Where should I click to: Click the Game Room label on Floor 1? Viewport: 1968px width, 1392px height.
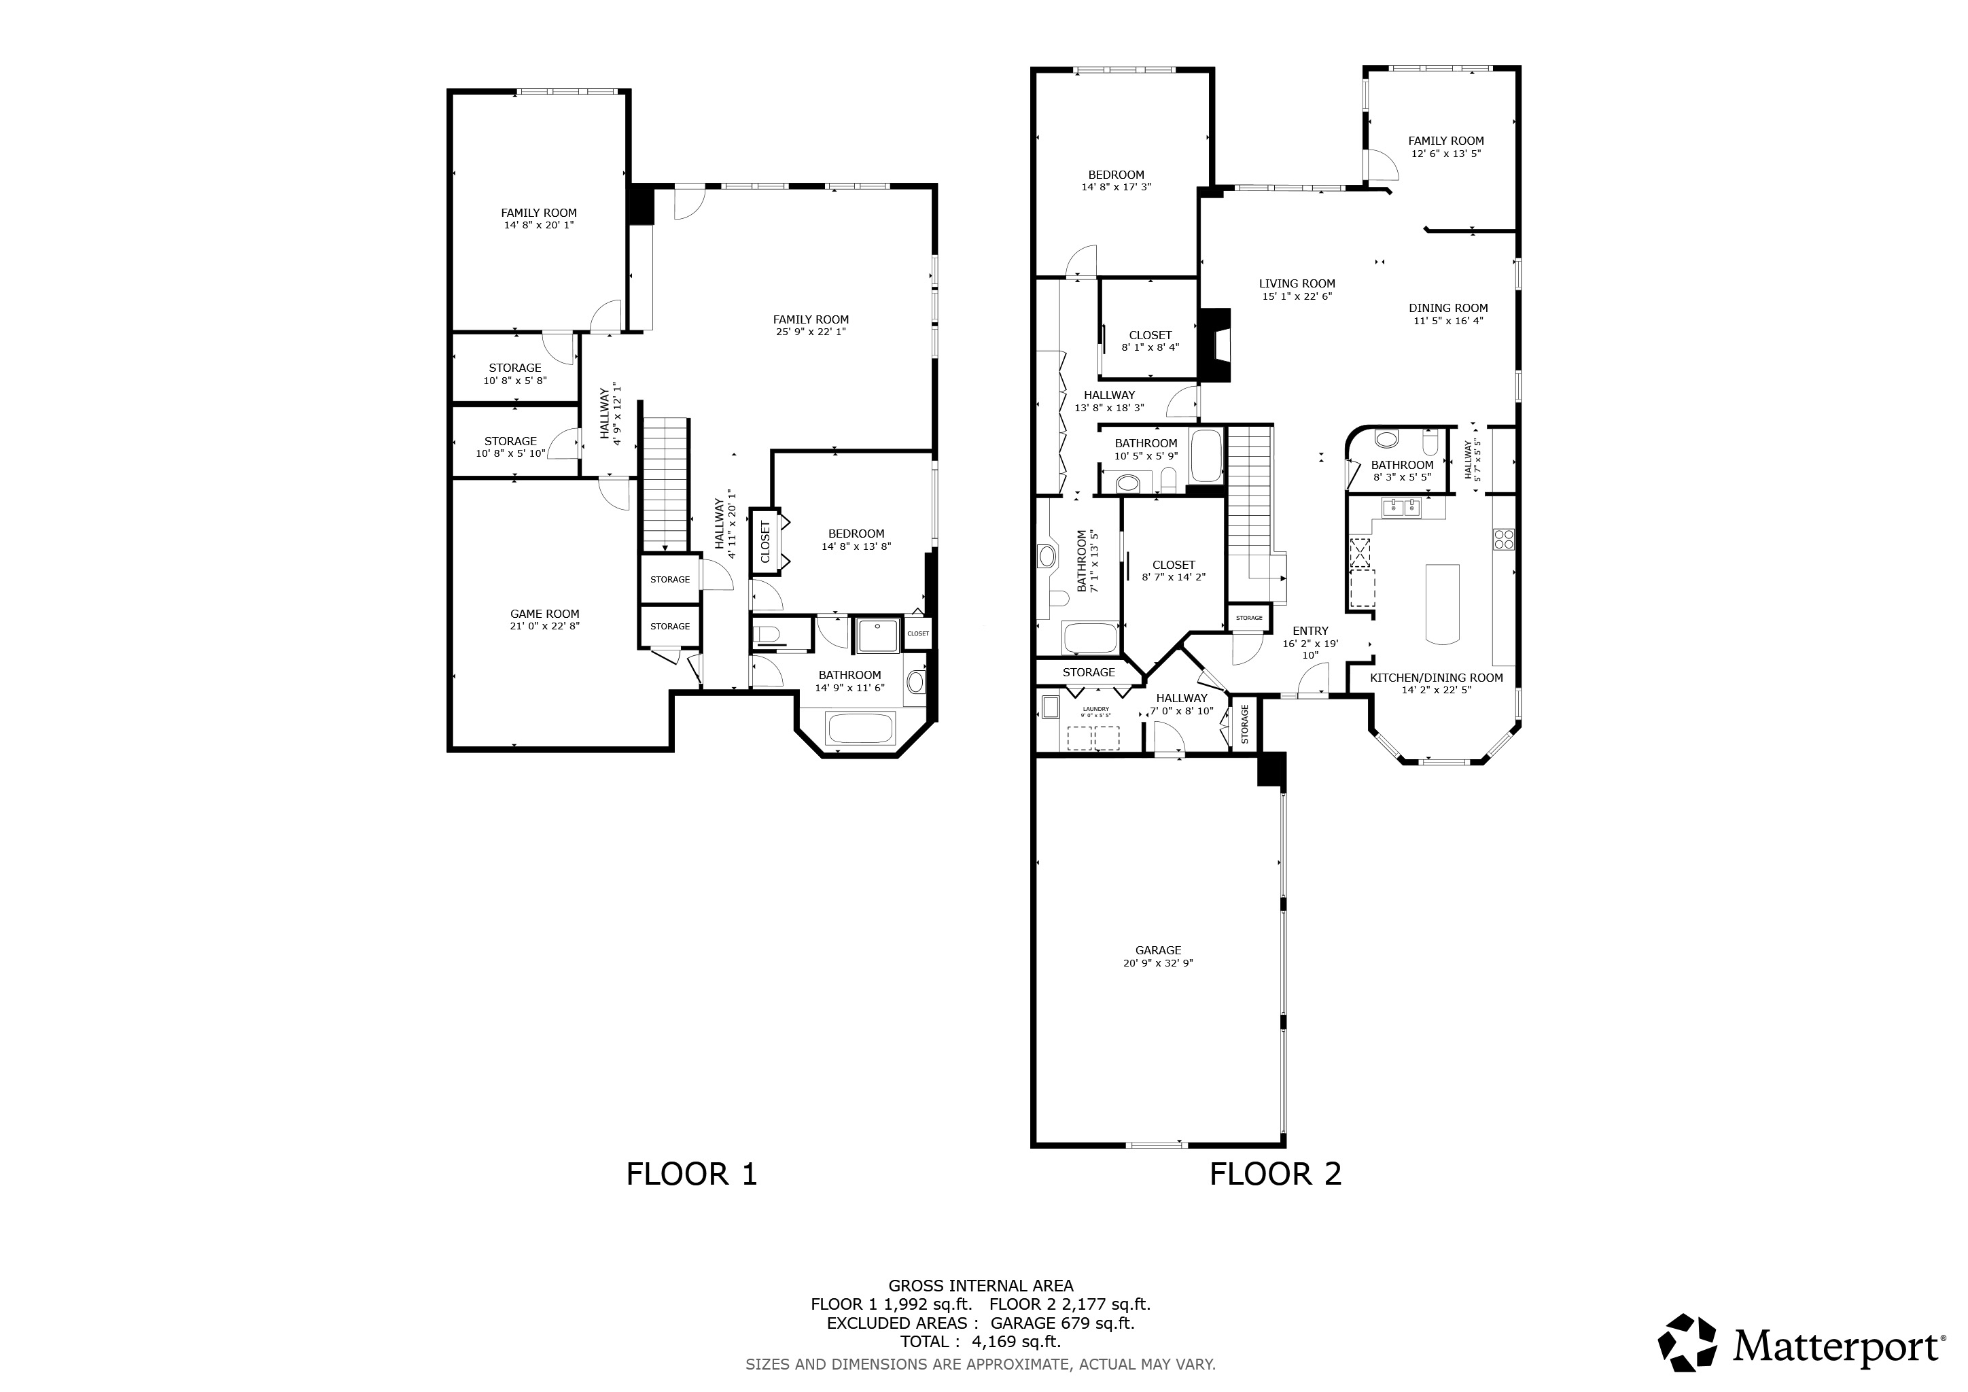tap(544, 614)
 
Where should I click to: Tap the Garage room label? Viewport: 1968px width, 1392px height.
tap(1158, 950)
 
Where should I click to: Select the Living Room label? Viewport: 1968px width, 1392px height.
tap(1297, 283)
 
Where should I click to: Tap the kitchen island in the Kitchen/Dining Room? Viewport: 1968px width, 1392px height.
tap(1442, 604)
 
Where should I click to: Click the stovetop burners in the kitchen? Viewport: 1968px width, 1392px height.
tap(1503, 539)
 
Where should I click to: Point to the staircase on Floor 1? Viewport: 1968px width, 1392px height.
tap(666, 485)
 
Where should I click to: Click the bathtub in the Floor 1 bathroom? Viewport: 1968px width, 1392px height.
tap(860, 729)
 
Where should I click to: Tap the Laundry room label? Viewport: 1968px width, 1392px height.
tap(1095, 709)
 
